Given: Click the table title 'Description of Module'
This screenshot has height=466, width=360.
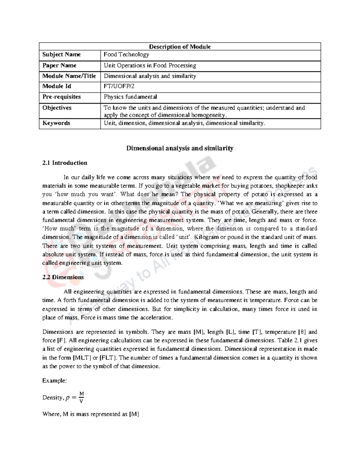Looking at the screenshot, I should [x=180, y=47].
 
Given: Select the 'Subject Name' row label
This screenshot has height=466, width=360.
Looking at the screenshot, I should [x=61, y=54].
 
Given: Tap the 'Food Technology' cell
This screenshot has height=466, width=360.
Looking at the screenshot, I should [x=126, y=54].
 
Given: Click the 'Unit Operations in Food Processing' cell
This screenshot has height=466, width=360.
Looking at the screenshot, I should [x=150, y=65].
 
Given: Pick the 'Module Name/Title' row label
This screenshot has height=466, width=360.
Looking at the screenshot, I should [x=69, y=76].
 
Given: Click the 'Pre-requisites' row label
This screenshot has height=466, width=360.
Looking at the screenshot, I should [x=61, y=97].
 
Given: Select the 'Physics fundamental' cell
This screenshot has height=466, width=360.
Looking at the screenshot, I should [x=130, y=97].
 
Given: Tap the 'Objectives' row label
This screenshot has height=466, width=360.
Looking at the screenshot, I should [x=57, y=108].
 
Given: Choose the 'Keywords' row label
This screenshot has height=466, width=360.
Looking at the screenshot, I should [x=56, y=123].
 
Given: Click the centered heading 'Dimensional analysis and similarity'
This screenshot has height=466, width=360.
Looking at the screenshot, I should [x=180, y=148].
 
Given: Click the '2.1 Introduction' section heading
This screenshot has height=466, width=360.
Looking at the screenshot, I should [x=65, y=163].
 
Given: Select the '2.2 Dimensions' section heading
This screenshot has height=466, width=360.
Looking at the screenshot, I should [x=63, y=277].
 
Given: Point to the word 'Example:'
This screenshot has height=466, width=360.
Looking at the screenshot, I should [x=54, y=380].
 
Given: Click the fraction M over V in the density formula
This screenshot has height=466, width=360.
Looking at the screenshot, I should [x=81, y=397].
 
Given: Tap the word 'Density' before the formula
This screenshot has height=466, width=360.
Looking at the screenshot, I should [x=53, y=398].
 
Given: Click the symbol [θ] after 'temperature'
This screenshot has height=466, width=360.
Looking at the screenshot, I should [x=302, y=332].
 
